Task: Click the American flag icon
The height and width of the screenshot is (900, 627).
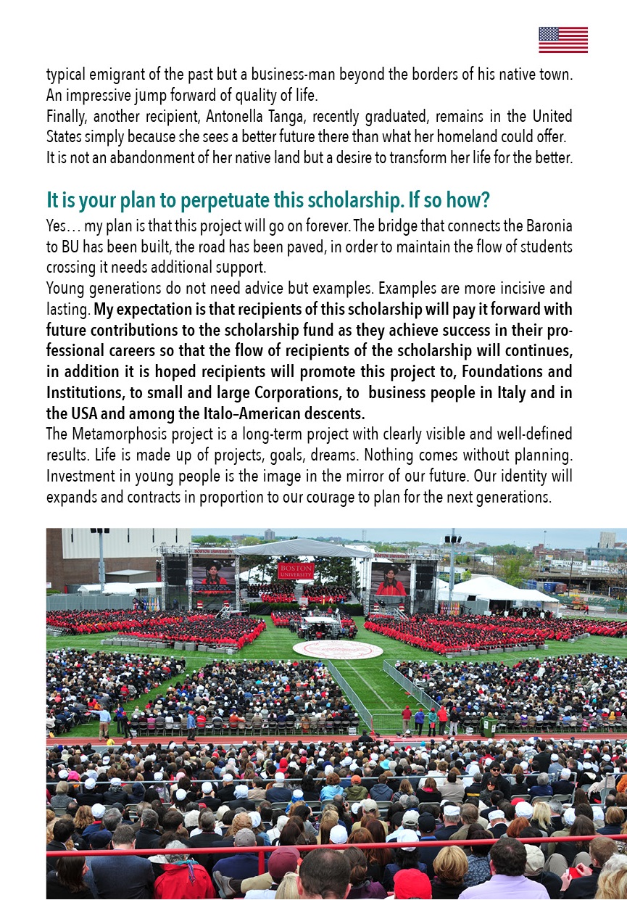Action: tap(563, 40)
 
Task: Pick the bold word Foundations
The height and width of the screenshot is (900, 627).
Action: tap(481, 371)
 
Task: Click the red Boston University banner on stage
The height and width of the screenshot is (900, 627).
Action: tap(296, 570)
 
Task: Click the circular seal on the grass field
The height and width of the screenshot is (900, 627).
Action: tap(338, 649)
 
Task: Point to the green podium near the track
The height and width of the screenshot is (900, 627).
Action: tap(489, 725)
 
